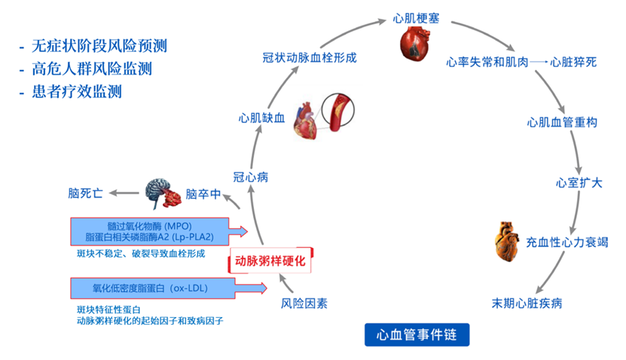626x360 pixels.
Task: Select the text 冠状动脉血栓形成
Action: coord(309,58)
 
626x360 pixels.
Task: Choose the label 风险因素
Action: coord(304,304)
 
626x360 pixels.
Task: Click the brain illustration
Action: coord(163,194)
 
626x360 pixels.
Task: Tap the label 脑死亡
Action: coord(85,194)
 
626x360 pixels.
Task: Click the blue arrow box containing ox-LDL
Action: coord(169,288)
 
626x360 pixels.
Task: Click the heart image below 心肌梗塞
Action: coord(417,44)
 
